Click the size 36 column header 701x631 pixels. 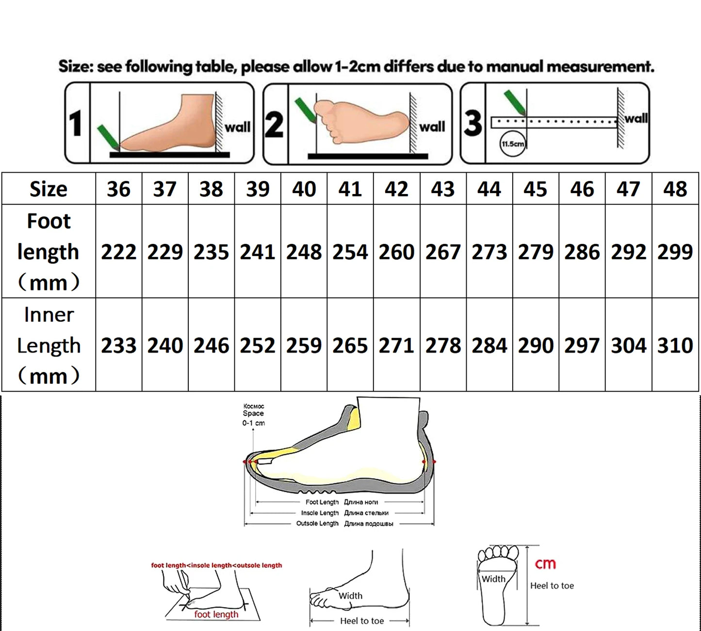[118, 189]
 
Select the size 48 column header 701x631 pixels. [675, 189]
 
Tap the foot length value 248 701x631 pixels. [304, 252]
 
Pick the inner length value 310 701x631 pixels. [675, 345]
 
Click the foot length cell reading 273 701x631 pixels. [489, 252]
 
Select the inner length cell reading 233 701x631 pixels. [118, 345]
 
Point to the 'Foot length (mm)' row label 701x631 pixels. [49, 251]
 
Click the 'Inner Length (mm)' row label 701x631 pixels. [49, 345]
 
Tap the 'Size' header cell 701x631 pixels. [49, 189]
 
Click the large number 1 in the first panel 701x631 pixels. [76, 123]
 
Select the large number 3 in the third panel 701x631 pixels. [473, 123]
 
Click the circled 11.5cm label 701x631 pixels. [512, 144]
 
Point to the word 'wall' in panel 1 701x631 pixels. [237, 127]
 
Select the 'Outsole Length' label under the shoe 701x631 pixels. [317, 523]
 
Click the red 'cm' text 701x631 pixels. [545, 564]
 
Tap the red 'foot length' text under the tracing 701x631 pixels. [216, 614]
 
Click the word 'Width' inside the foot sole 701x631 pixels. [493, 579]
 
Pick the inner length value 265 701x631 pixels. [350, 345]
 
